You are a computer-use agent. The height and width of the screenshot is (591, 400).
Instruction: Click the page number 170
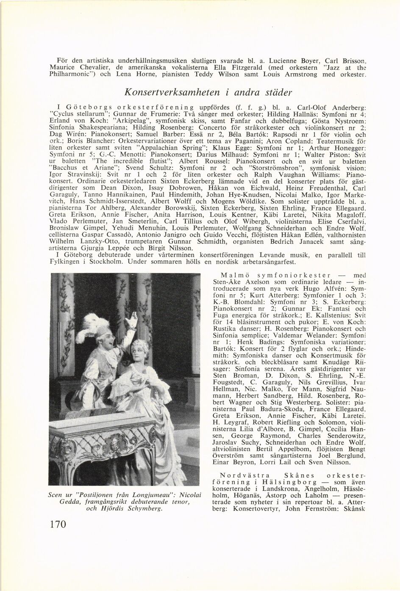[58, 524]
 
